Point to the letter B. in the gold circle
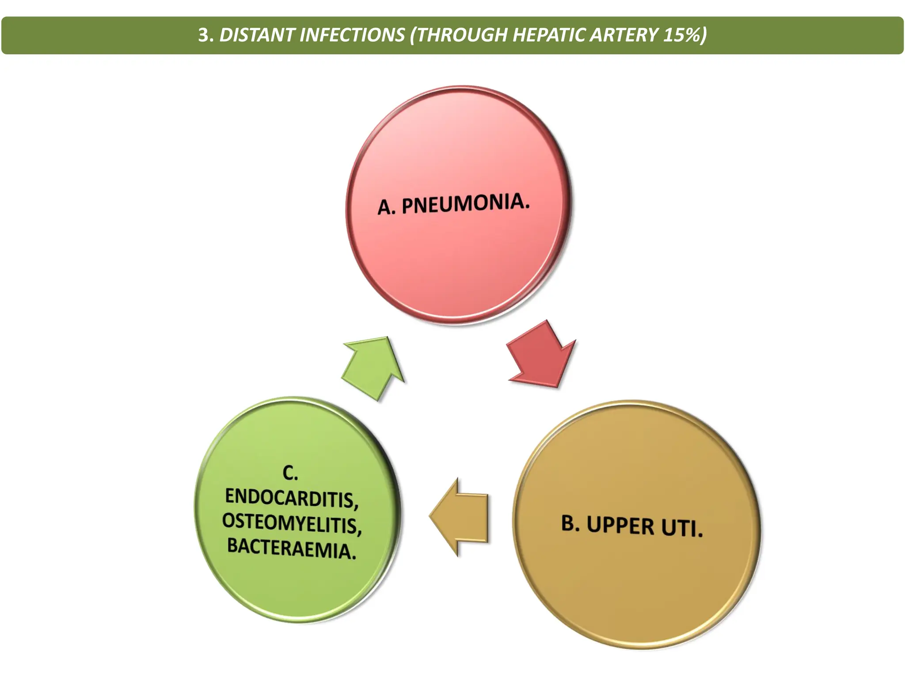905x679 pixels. pyautogui.click(x=570, y=523)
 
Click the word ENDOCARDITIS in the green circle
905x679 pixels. pyautogui.click(x=292, y=498)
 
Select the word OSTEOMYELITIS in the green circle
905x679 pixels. pyautogui.click(x=292, y=523)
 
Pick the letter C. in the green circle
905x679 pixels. pyautogui.click(x=290, y=473)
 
